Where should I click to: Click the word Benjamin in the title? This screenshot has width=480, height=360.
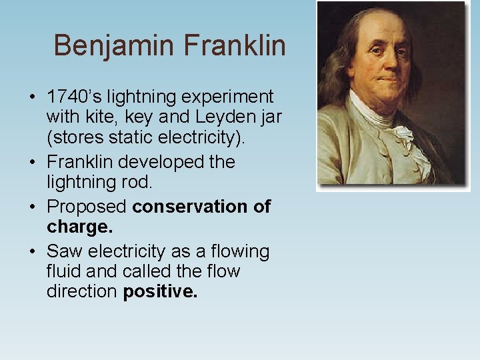coord(114,46)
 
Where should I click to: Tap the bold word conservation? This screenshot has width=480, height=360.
coord(191,207)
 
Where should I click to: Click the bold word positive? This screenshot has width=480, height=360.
coord(160,291)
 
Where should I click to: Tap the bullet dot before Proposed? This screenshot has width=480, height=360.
coord(33,207)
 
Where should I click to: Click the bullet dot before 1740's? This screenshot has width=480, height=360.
coord(33,97)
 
